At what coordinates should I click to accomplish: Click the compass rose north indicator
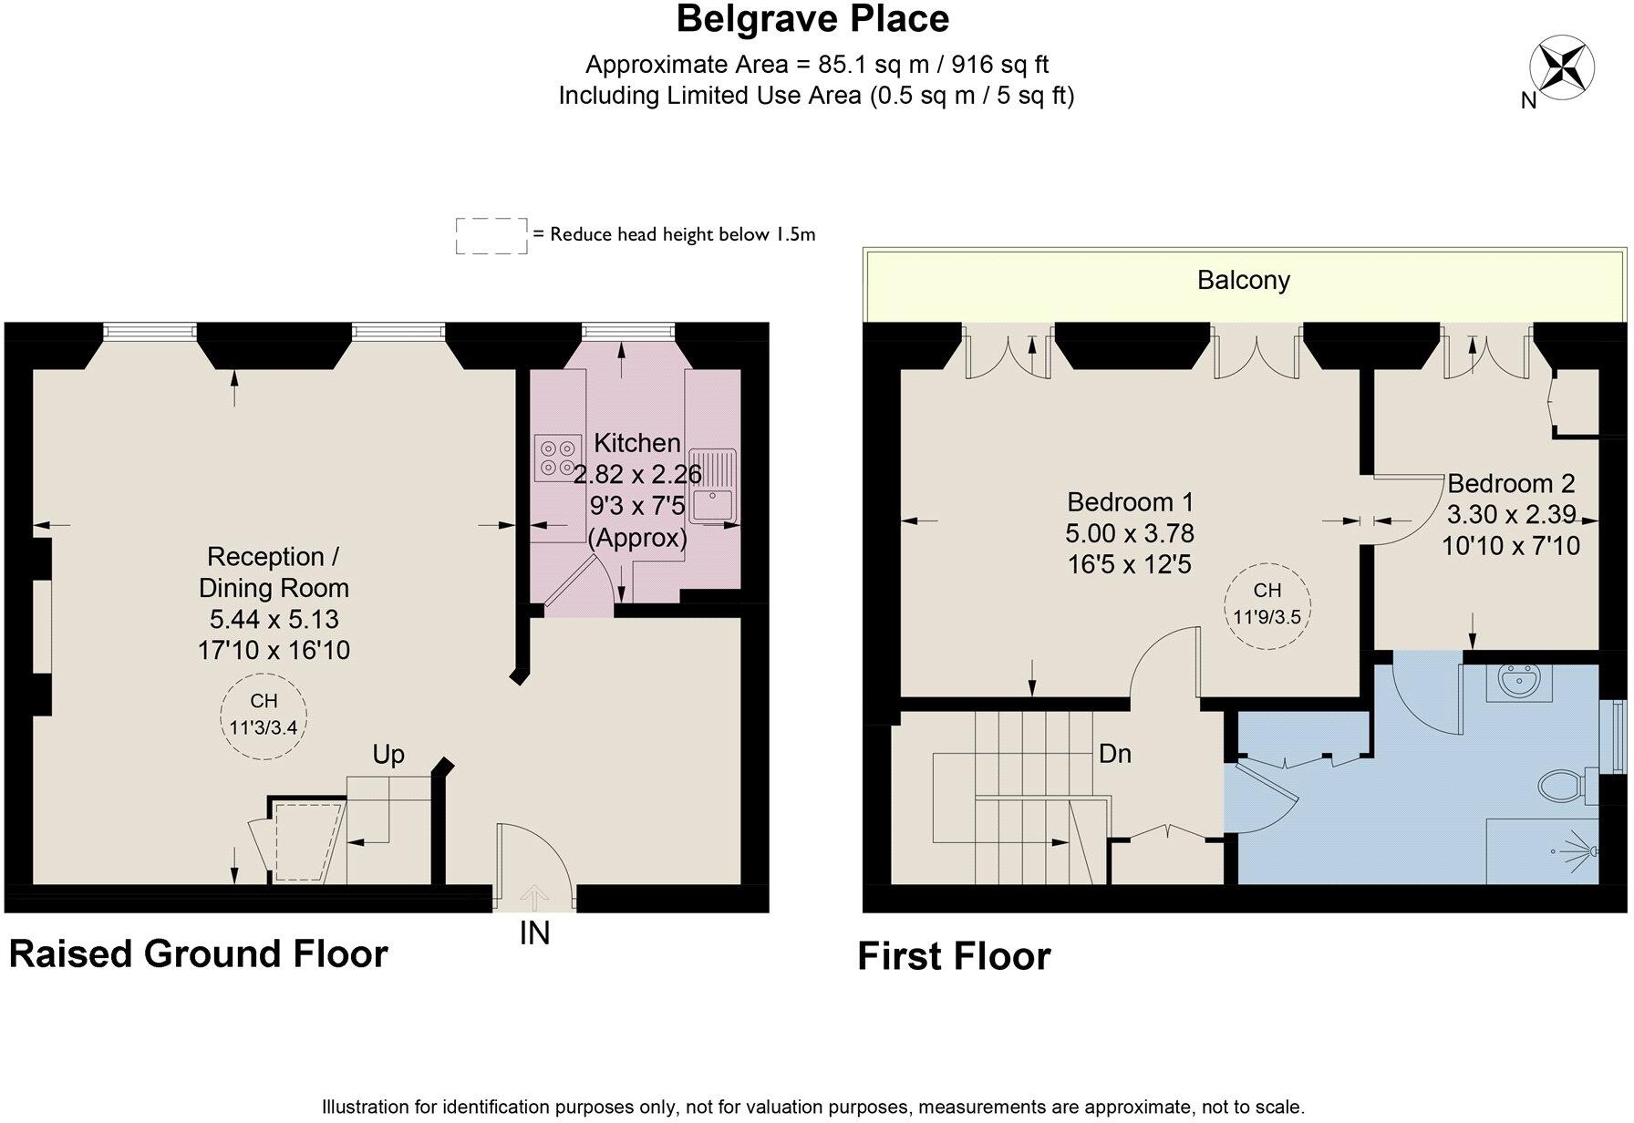[x=1562, y=67]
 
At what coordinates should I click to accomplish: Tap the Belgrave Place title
[x=812, y=19]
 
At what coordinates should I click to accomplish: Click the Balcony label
[x=1243, y=280]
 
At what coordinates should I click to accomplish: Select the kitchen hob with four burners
[x=558, y=458]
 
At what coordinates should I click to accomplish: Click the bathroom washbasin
[x=1519, y=682]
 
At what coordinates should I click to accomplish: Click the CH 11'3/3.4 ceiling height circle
[x=264, y=715]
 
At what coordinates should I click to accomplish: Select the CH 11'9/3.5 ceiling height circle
[x=1267, y=604]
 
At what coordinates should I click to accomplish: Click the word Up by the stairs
[x=388, y=755]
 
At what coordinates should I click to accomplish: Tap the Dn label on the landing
[x=1114, y=754]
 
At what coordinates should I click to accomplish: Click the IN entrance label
[x=534, y=933]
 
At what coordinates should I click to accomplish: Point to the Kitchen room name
[x=637, y=443]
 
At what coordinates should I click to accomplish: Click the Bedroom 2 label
[x=1511, y=483]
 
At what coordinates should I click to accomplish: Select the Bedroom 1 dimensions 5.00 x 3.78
[x=1130, y=533]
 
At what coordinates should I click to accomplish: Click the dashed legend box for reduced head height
[x=491, y=235]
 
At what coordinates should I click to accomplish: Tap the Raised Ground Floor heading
[x=198, y=953]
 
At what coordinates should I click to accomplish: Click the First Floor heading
[x=954, y=956]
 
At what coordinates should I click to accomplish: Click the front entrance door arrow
[x=534, y=899]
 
